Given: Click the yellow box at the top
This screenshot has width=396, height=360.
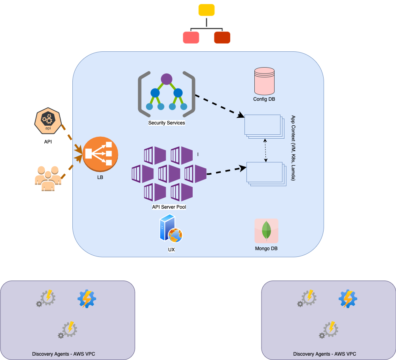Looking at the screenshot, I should coord(207,10).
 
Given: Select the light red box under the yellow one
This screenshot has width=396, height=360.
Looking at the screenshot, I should coord(191,37).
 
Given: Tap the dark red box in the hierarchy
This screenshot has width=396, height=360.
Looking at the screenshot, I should coord(222,37).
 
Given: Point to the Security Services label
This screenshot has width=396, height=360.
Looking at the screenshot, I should coord(167,123).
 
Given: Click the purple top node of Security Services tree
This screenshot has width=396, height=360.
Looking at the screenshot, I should coord(167,79).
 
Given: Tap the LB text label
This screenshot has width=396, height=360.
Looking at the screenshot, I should coord(100,177).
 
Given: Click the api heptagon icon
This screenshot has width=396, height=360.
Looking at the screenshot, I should coord(48,121).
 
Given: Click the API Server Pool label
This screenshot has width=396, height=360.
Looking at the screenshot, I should coord(169,207).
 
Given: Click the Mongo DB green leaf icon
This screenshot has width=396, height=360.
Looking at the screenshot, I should coord(266,230).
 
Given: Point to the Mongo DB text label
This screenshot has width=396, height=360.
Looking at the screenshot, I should coord(266,249).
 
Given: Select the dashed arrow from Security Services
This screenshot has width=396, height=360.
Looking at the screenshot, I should coord(220,106).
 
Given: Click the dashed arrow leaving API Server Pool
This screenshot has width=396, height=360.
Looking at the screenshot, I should coord(224,171).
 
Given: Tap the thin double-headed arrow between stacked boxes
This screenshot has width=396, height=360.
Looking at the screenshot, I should coord(265,150).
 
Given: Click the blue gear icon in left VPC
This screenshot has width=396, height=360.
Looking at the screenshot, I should coord(87,299).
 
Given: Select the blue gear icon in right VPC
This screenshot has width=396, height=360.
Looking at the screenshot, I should coord(348,299).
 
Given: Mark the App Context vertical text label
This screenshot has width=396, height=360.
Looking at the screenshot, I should coord(293,148).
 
